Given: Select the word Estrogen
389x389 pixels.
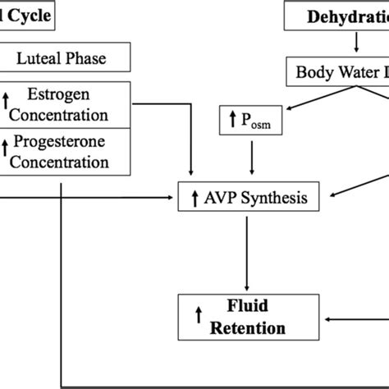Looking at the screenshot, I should click(x=72, y=94).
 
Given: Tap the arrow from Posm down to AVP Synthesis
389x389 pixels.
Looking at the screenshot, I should click(x=251, y=160).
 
